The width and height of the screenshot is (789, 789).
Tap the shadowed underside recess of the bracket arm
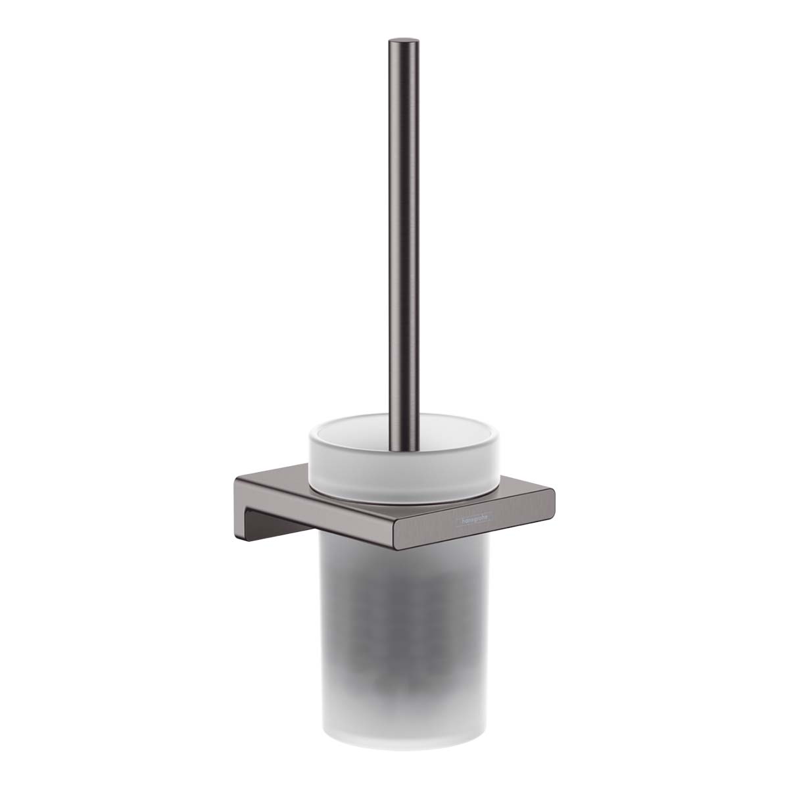(x=276, y=519)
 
